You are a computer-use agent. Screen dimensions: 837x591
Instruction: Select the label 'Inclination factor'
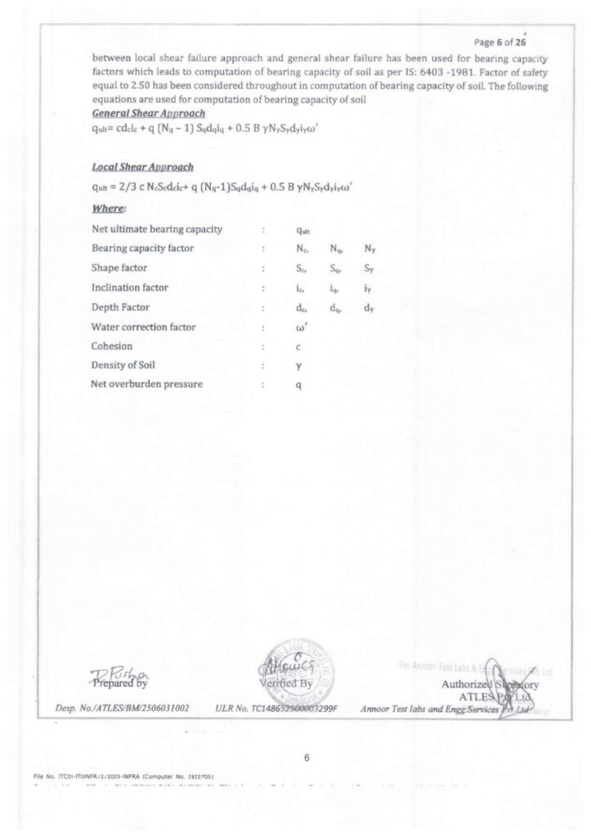[130, 288]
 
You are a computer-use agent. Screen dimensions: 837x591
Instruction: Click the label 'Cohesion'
[112, 346]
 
